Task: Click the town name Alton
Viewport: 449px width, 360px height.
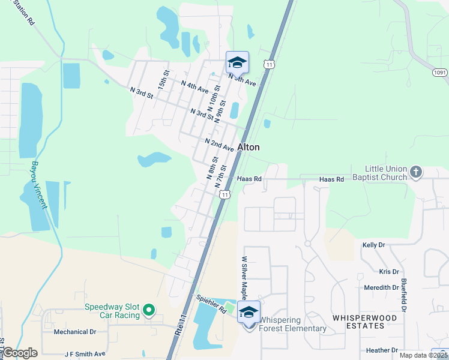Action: click(249, 147)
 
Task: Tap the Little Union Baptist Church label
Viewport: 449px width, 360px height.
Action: click(387, 173)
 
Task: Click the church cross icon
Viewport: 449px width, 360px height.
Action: click(415, 173)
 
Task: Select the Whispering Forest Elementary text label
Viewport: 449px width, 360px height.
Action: click(292, 325)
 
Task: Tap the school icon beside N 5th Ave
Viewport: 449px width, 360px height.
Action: click(237, 62)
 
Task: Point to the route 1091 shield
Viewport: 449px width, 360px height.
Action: click(439, 72)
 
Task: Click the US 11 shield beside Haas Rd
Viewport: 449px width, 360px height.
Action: click(223, 194)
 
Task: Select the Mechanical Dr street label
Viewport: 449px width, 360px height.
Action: click(75, 332)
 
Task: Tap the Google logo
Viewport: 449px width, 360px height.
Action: click(20, 353)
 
